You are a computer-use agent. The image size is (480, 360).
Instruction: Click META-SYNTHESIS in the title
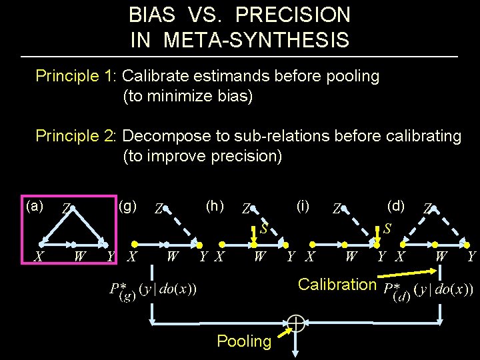256,40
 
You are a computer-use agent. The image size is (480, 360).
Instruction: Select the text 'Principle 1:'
76,76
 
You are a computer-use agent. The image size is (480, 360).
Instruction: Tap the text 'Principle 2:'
76,136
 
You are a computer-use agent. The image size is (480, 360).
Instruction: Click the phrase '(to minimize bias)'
188,97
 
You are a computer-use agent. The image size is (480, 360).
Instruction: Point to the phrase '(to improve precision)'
203,157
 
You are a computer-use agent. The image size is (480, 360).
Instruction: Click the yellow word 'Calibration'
337,285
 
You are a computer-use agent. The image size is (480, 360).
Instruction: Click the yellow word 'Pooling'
244,341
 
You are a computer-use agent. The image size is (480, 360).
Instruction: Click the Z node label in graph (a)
65,209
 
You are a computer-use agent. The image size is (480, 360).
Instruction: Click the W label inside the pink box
79,256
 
